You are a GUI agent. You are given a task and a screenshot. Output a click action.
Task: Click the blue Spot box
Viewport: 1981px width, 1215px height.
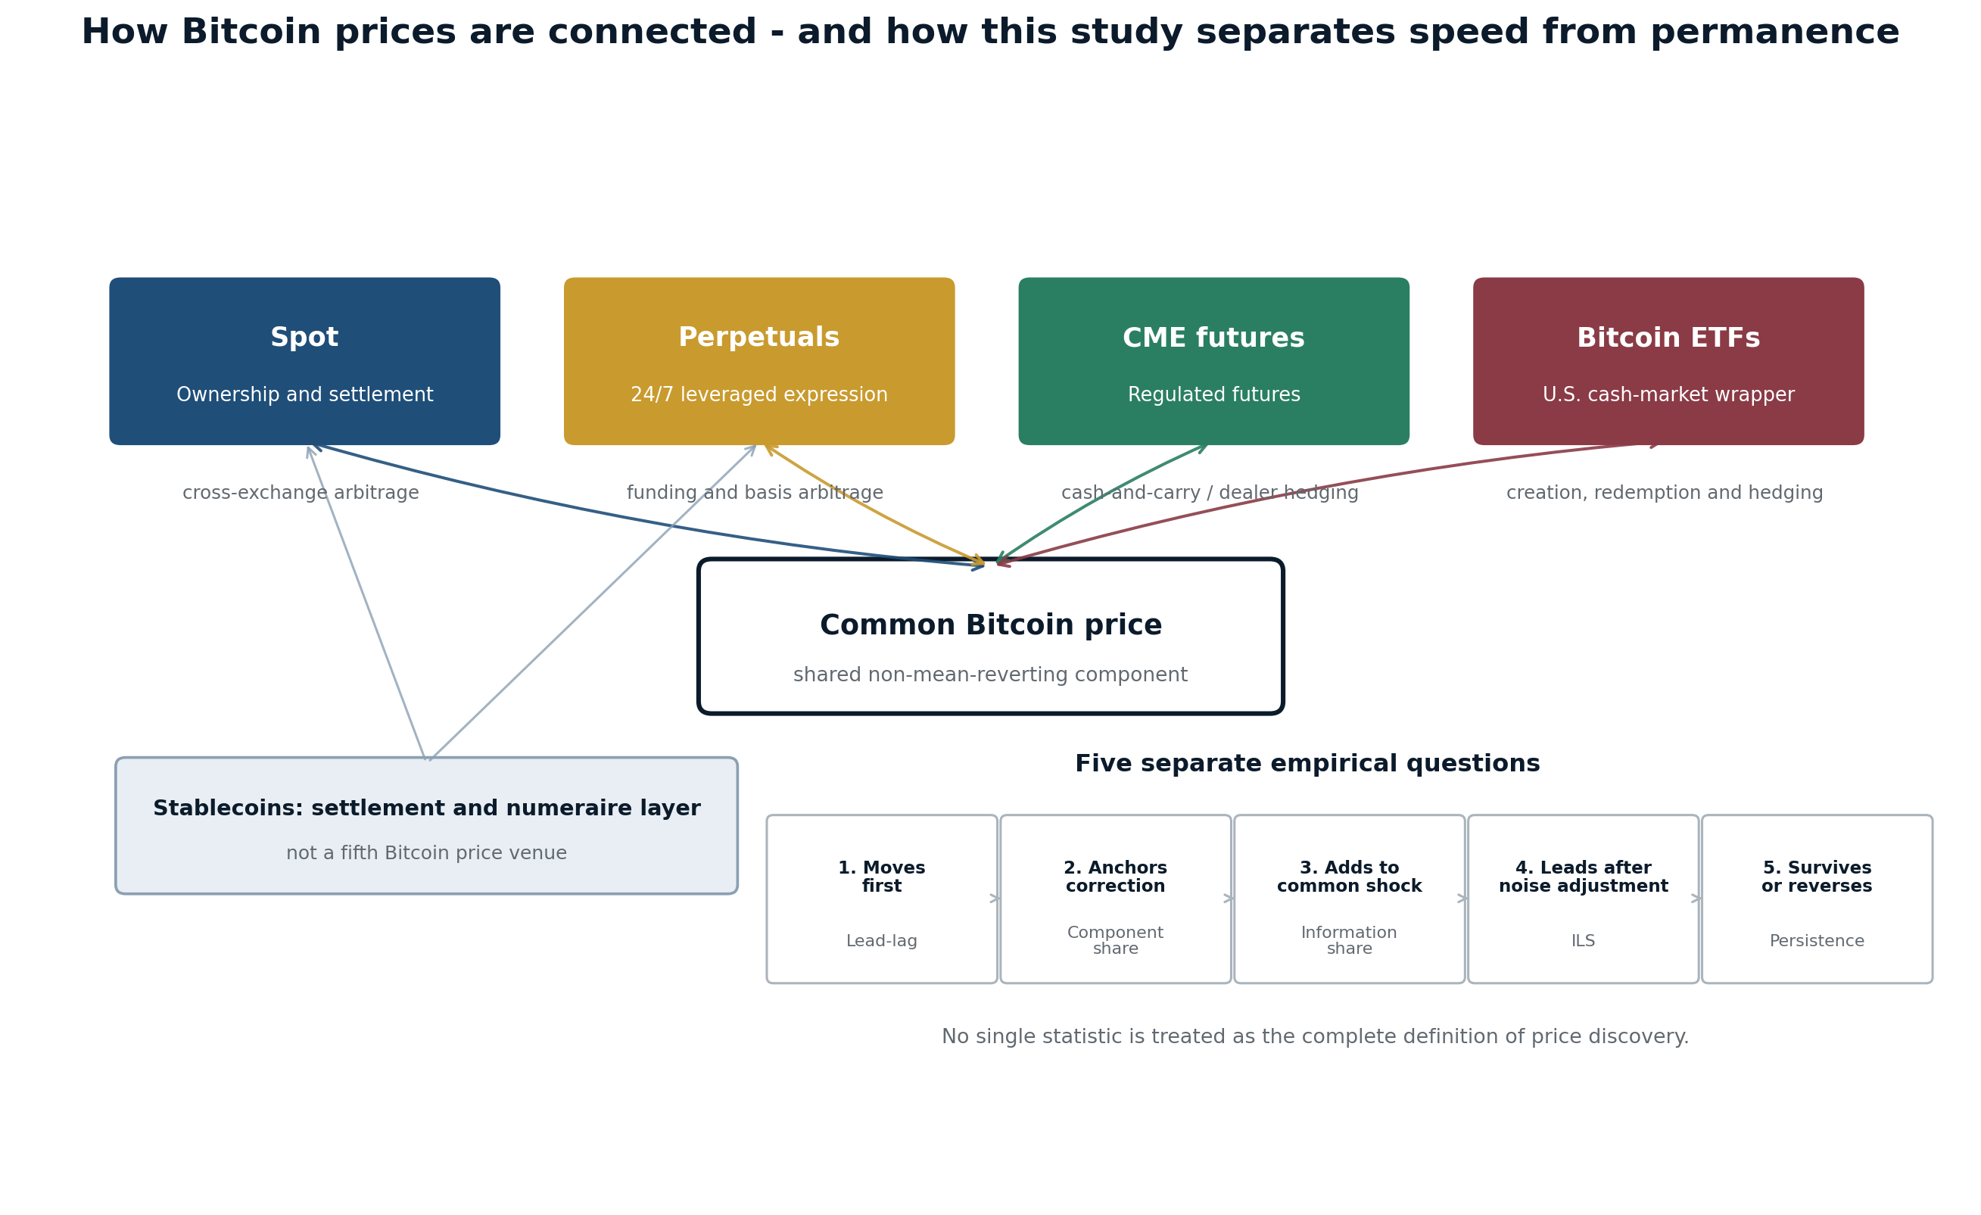click(305, 362)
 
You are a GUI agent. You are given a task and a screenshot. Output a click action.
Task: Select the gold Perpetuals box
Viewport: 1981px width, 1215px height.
click(759, 362)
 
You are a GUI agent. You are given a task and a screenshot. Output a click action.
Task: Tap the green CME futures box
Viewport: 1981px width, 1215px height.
click(1214, 362)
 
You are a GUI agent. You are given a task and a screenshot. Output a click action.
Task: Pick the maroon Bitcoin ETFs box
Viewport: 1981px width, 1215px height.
click(1668, 362)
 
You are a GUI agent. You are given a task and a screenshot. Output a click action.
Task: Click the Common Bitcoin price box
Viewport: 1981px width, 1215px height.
click(990, 636)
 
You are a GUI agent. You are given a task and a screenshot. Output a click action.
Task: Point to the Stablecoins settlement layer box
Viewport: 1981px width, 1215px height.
click(426, 826)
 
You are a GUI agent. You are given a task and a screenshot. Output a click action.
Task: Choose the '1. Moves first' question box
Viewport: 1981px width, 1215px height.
click(882, 899)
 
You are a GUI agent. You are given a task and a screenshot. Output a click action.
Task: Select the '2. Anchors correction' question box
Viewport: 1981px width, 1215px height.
click(1116, 899)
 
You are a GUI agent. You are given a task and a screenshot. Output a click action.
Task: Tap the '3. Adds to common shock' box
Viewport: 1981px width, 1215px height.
click(1349, 899)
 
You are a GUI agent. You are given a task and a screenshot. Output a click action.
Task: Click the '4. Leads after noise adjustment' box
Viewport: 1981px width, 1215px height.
click(1583, 899)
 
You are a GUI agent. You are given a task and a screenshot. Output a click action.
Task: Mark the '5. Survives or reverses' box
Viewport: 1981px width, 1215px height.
click(1817, 899)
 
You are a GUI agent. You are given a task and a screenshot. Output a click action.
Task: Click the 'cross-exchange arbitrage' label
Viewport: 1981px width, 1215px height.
click(301, 493)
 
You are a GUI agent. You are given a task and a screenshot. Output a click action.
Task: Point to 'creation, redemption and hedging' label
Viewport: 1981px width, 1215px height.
click(1665, 493)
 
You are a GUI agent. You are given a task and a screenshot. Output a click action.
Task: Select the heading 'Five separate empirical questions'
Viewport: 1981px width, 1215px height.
click(1307, 764)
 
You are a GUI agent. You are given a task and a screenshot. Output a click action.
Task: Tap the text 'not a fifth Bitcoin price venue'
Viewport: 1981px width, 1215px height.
click(426, 853)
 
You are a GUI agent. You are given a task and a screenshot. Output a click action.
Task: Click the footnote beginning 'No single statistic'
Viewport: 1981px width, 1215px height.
click(1316, 1037)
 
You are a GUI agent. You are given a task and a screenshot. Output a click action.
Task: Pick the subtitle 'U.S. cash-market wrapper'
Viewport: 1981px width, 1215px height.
click(1668, 395)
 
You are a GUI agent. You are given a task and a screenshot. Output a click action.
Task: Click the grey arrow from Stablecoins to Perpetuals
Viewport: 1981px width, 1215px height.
click(593, 603)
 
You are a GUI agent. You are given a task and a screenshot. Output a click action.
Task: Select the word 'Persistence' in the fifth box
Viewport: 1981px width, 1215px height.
click(1817, 941)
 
